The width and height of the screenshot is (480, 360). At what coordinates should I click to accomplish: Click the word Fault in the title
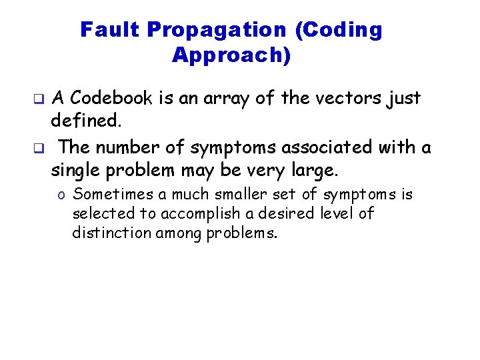coord(111,30)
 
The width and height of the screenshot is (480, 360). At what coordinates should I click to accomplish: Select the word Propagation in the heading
coord(216,30)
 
